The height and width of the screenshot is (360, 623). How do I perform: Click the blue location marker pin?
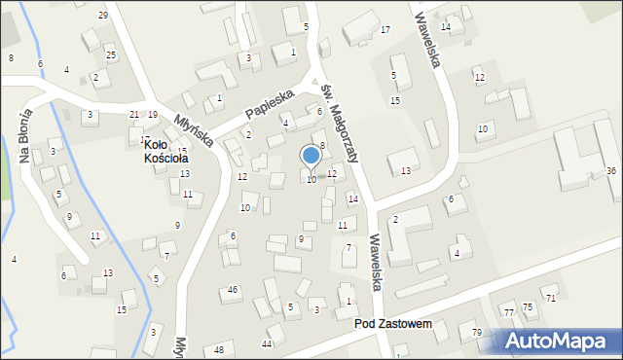click(311, 157)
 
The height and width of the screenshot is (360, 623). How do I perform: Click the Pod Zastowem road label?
click(392, 323)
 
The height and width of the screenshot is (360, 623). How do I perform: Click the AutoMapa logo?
click(560, 342)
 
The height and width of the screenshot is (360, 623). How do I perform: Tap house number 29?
click(103, 16)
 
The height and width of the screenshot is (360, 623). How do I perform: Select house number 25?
click(111, 54)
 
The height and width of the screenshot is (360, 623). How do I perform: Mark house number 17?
click(385, 30)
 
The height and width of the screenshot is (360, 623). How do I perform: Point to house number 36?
click(611, 171)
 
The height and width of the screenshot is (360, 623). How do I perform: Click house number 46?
click(233, 290)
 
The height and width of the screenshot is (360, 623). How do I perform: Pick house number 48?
click(219, 349)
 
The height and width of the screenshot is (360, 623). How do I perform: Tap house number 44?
click(267, 344)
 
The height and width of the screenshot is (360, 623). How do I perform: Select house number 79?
click(477, 334)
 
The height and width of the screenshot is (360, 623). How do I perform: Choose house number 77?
click(508, 311)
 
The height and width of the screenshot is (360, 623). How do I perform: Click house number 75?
click(529, 307)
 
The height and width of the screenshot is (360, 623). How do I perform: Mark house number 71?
click(551, 298)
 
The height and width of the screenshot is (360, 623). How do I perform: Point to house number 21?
click(134, 115)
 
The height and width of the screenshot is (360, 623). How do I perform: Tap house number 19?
click(153, 115)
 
